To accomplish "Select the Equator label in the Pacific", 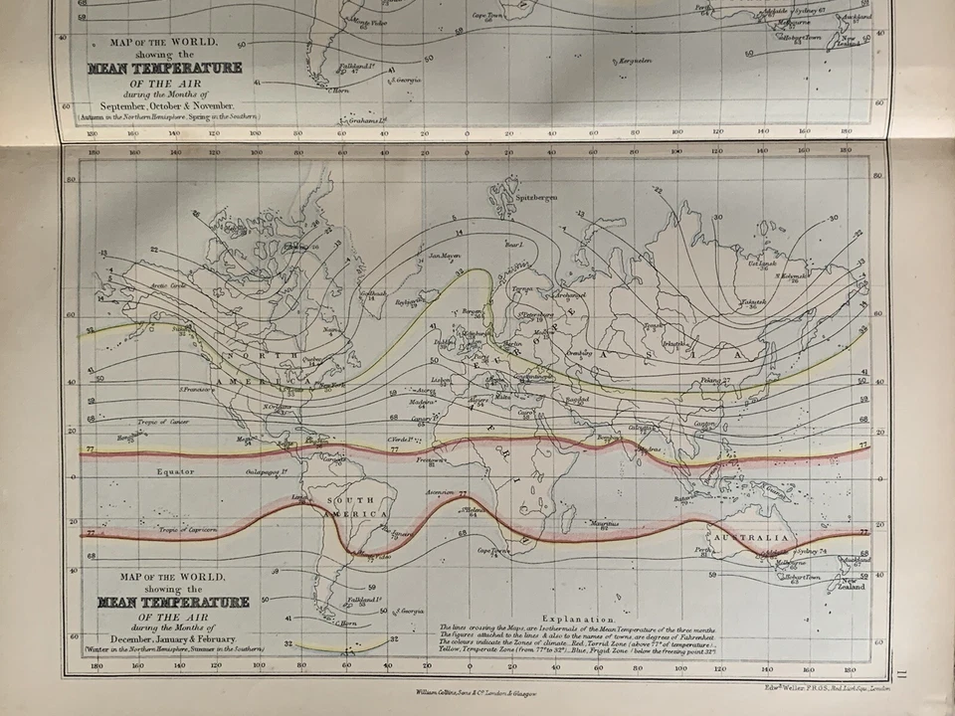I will click(x=174, y=471).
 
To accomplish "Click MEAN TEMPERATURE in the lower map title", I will click(x=173, y=603).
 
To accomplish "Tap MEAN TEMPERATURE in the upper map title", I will click(x=164, y=69).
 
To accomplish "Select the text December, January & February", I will click(x=173, y=637).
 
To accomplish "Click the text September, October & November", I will click(x=164, y=104).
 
